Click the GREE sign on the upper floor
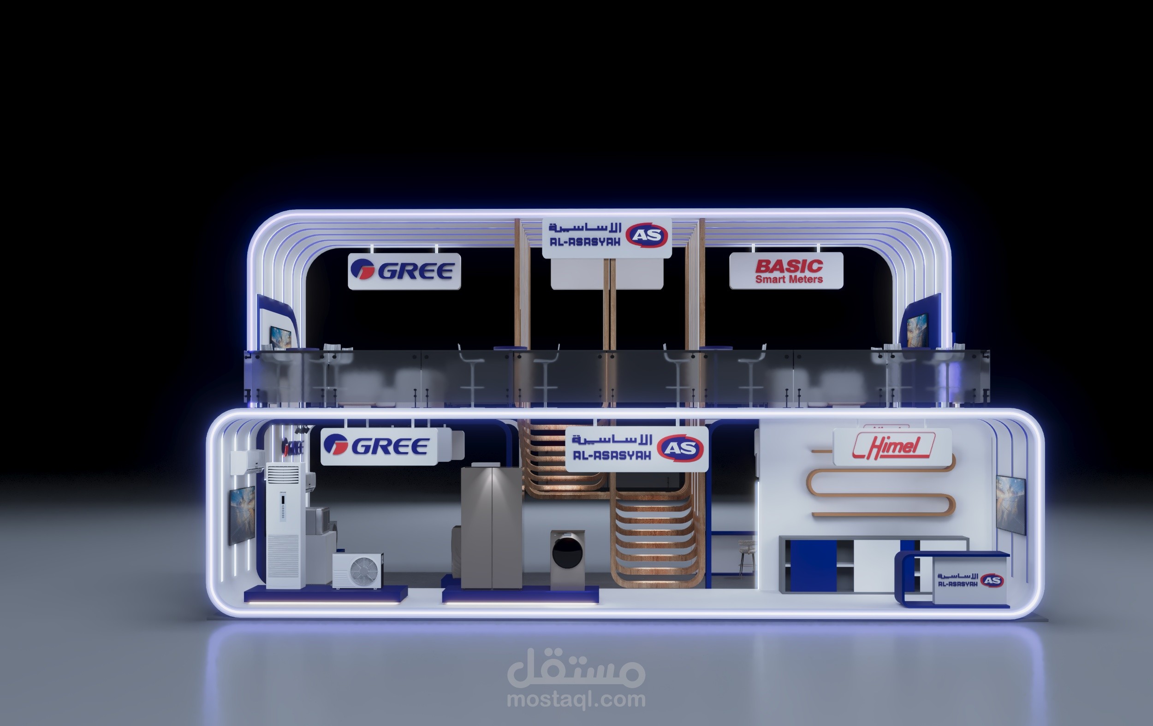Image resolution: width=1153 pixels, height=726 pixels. pyautogui.click(x=404, y=272)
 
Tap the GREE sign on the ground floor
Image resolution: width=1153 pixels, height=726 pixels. pyautogui.click(x=379, y=447)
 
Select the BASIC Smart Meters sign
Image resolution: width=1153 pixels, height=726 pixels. pyautogui.click(x=786, y=271)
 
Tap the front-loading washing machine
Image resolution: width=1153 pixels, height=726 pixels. pyautogui.click(x=567, y=560)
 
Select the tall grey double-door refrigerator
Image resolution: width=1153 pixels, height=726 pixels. pyautogui.click(x=491, y=527)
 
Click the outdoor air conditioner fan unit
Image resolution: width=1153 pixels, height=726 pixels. pyautogui.click(x=358, y=571)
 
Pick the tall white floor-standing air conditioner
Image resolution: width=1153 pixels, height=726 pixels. pyautogui.click(x=286, y=525)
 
